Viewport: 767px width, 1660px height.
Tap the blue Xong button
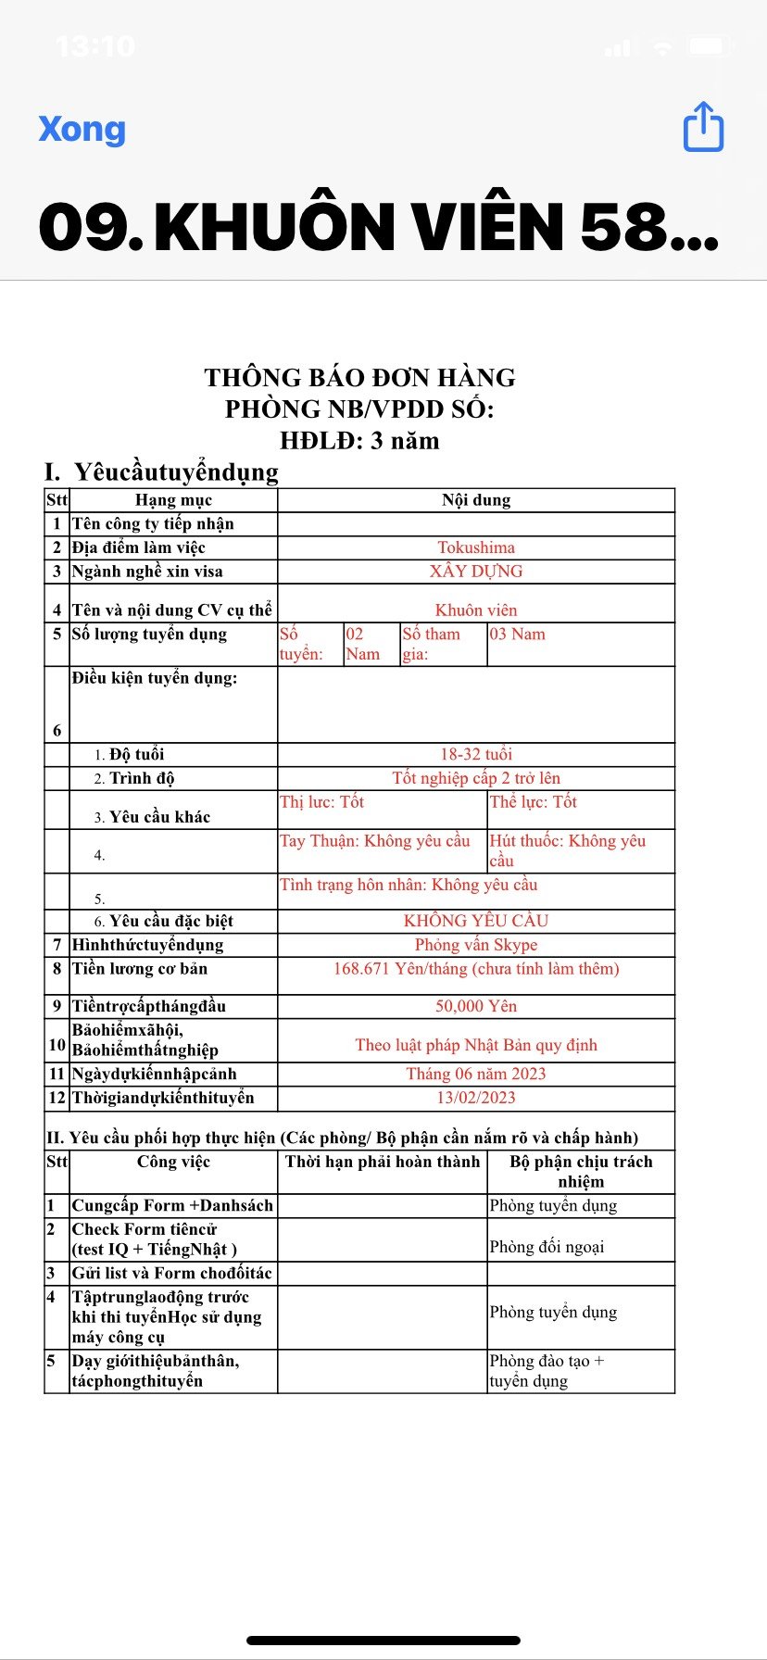[82, 129]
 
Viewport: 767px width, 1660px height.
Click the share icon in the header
[703, 127]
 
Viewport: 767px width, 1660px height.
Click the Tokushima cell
[476, 547]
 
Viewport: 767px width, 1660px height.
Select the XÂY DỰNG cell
[476, 572]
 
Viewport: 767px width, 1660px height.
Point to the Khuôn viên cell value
[476, 610]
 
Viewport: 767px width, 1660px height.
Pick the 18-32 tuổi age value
[476, 754]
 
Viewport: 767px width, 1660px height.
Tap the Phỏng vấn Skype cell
[476, 945]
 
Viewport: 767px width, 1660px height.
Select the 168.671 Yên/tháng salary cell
[476, 969]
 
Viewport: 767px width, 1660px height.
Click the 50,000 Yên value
[476, 1006]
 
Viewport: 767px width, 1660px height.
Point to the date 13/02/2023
[476, 1098]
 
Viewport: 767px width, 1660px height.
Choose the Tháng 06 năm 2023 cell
[476, 1074]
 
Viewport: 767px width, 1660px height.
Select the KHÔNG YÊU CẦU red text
[476, 921]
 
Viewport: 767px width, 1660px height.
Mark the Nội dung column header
[476, 500]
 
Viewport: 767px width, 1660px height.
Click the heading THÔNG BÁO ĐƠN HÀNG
[359, 378]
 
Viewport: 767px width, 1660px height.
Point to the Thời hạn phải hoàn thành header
[383, 1162]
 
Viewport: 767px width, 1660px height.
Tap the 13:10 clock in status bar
[95, 46]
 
